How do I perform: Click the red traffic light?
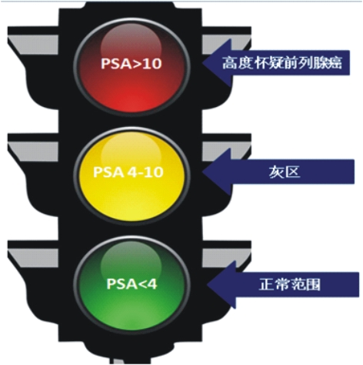coord(132,65)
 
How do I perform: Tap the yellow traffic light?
coord(132,176)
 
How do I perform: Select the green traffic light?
coord(132,283)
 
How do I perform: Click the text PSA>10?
coord(132,63)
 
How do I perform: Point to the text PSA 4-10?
coord(128,172)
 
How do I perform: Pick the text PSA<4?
coord(132,284)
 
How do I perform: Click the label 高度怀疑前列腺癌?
coord(282,63)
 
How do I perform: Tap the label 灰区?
coord(285,172)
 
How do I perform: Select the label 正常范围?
coord(290,285)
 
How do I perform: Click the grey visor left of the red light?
coord(33,45)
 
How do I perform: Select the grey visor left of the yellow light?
coord(33,152)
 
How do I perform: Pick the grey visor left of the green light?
coord(33,260)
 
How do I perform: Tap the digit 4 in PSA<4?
coord(152,284)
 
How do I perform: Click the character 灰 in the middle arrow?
coord(276,172)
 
